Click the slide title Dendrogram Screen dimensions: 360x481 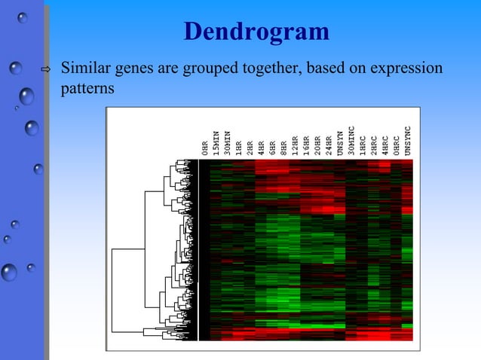pyautogui.click(x=256, y=32)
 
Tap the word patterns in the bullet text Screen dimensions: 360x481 pyautogui.click(x=87, y=88)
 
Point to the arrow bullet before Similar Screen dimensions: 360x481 pyautogui.click(x=44, y=70)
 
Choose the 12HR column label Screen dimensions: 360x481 pyautogui.click(x=296, y=144)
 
